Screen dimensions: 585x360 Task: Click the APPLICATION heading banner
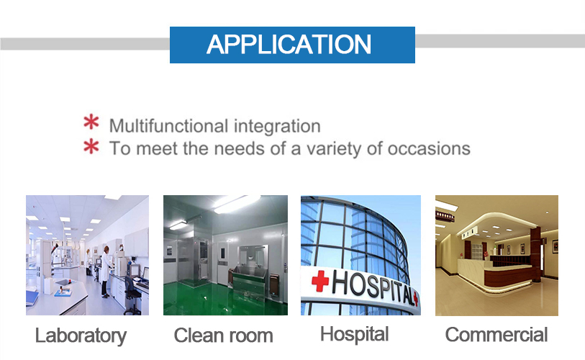292,45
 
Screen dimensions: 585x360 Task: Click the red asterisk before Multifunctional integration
91,122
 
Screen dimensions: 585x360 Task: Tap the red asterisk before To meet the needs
91,146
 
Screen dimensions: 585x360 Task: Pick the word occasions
429,148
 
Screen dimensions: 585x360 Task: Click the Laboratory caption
81,336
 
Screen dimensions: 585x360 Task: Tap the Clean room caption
223,335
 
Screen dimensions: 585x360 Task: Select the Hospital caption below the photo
355,334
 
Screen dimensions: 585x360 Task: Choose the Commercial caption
496,334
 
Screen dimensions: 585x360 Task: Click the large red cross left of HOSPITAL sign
319,281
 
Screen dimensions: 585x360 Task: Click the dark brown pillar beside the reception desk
535,254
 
